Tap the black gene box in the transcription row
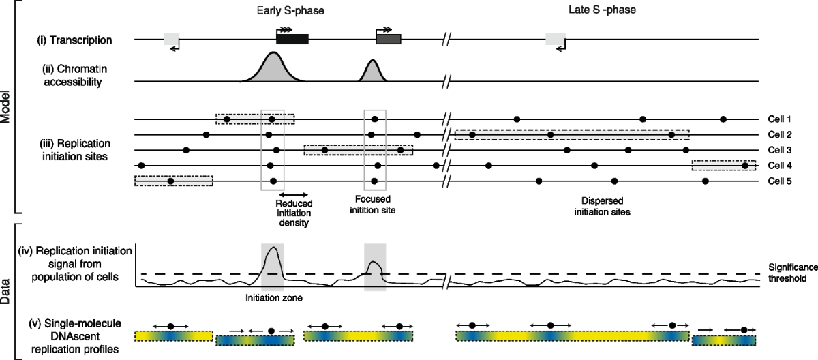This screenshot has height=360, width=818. point(292,40)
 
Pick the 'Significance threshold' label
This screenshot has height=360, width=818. point(787,274)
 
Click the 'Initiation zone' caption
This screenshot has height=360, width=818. point(273,297)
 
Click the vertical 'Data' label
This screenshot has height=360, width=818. point(5,289)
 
